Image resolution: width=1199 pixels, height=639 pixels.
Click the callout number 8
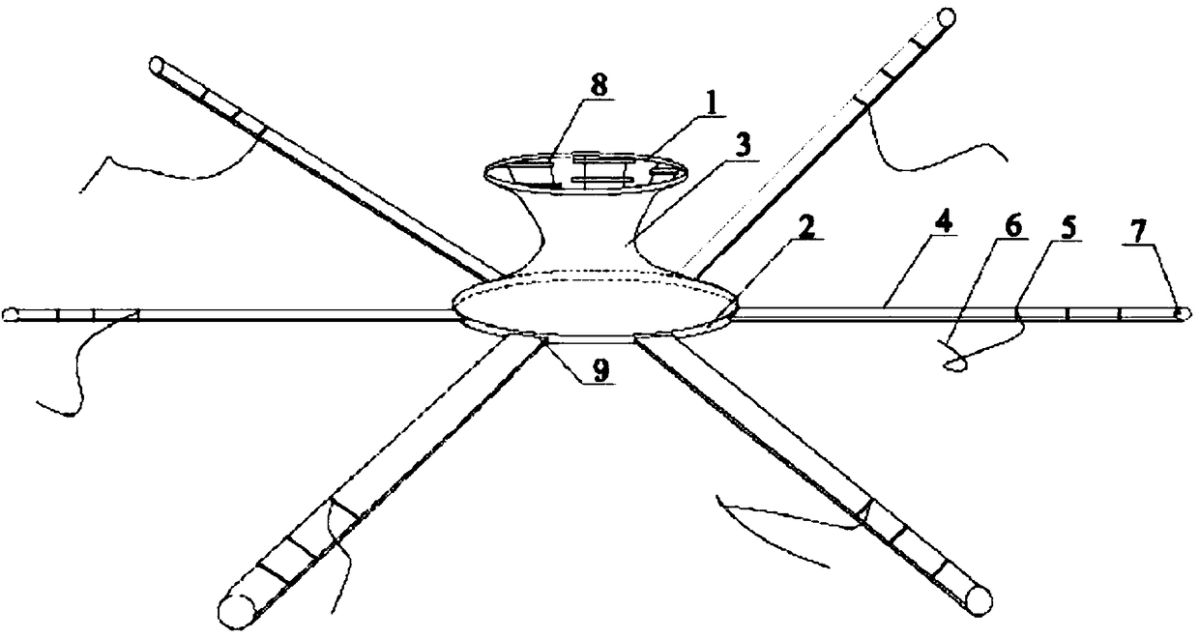[x=600, y=85]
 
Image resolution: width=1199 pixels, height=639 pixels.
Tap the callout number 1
[x=714, y=101]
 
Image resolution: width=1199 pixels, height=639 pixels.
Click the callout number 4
[x=942, y=222]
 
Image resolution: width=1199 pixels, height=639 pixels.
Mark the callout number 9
[x=601, y=374]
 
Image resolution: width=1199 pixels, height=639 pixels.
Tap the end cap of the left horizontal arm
[x=11, y=314]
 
